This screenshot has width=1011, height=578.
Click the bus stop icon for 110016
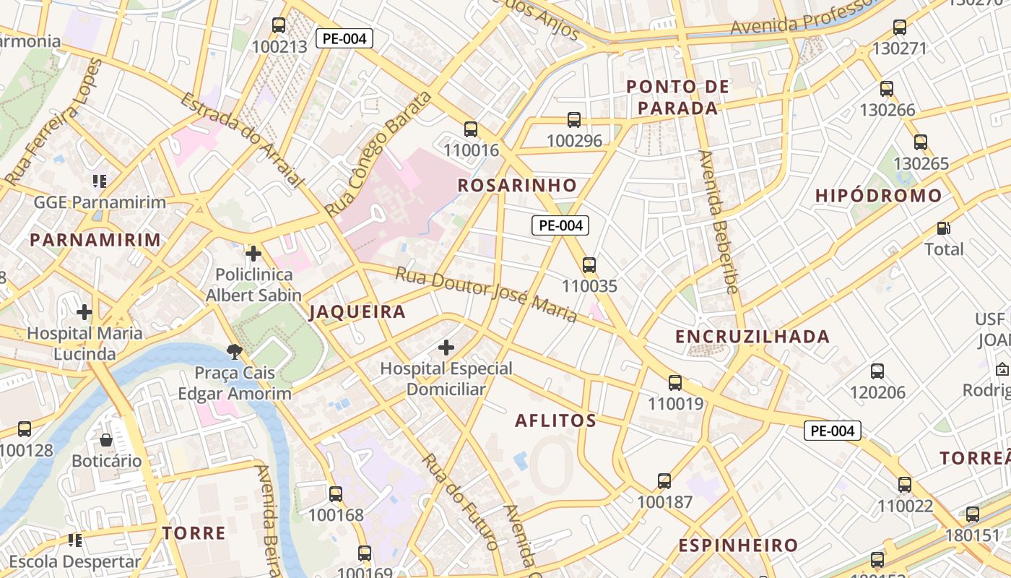point(471,129)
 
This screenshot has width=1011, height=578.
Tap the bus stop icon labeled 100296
point(574,120)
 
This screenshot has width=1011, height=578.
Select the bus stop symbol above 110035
point(589,265)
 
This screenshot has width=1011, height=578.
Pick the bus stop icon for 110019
point(675,383)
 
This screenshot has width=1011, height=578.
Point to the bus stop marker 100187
point(664,481)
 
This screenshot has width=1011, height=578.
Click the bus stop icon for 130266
point(887,90)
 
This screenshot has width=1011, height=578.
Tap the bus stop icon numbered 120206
point(877,371)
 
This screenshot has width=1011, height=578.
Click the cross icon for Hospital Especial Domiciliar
point(446,348)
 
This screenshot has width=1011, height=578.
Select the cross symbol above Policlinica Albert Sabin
point(253,254)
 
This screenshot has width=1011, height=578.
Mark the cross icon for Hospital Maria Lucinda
point(84,312)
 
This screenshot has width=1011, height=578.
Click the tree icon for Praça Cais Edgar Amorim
point(234,352)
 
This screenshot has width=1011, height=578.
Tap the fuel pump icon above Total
point(944,228)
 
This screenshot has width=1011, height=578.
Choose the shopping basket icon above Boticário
point(106,440)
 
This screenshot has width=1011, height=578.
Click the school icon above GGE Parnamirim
point(100,181)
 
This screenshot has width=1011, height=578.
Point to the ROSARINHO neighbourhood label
point(518,186)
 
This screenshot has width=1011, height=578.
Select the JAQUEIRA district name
point(357,312)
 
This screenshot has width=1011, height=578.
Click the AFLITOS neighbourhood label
point(555,420)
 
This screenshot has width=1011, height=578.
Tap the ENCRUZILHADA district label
point(752,337)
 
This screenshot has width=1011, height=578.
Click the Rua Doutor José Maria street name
point(486,295)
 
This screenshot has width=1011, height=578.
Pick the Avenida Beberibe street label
point(719,223)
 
